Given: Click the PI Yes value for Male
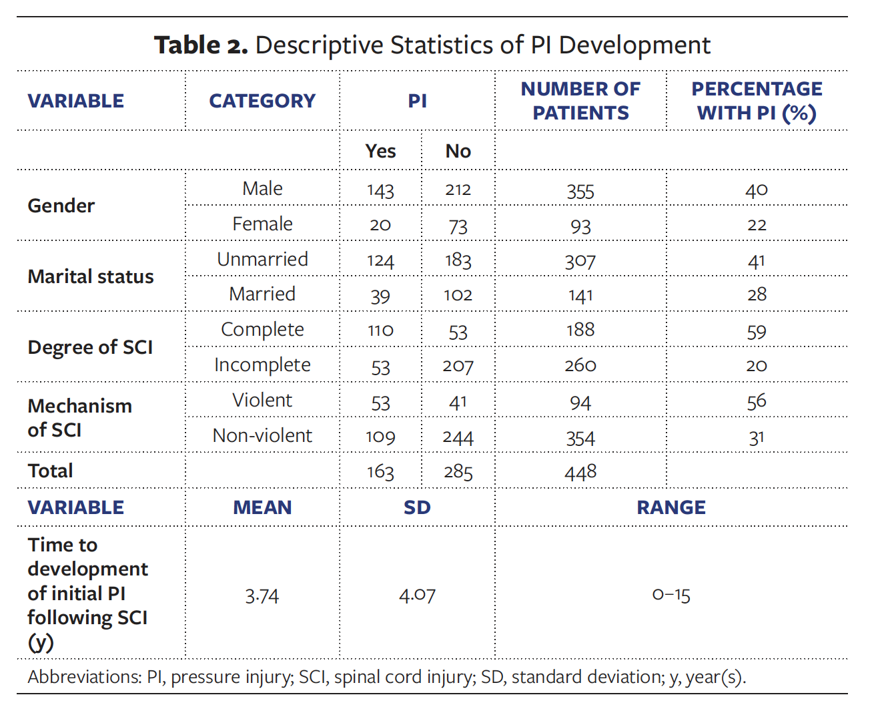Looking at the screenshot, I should (380, 190).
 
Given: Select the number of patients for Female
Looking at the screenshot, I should (580, 226).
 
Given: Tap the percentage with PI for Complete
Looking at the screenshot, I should (756, 331).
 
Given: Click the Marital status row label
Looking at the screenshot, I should (91, 276).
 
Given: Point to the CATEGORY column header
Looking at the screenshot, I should (262, 101).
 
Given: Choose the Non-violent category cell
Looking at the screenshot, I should (262, 436).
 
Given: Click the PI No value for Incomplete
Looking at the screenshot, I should (458, 366).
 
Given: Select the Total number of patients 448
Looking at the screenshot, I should (580, 472).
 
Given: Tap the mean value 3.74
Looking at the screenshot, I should (262, 595).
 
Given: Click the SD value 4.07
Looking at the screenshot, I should (417, 595).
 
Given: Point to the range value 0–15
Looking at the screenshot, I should (671, 595).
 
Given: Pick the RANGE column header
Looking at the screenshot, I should (671, 507).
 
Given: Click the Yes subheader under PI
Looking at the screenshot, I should (380, 152).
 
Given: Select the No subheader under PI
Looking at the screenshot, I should (458, 152).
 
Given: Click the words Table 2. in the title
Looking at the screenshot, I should (201, 45).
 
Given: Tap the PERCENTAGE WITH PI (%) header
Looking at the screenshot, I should (757, 101).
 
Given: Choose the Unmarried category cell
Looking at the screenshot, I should (262, 260).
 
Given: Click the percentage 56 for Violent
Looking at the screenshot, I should (756, 401).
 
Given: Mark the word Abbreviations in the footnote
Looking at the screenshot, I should (84, 677).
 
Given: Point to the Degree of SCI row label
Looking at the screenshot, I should (90, 347).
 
